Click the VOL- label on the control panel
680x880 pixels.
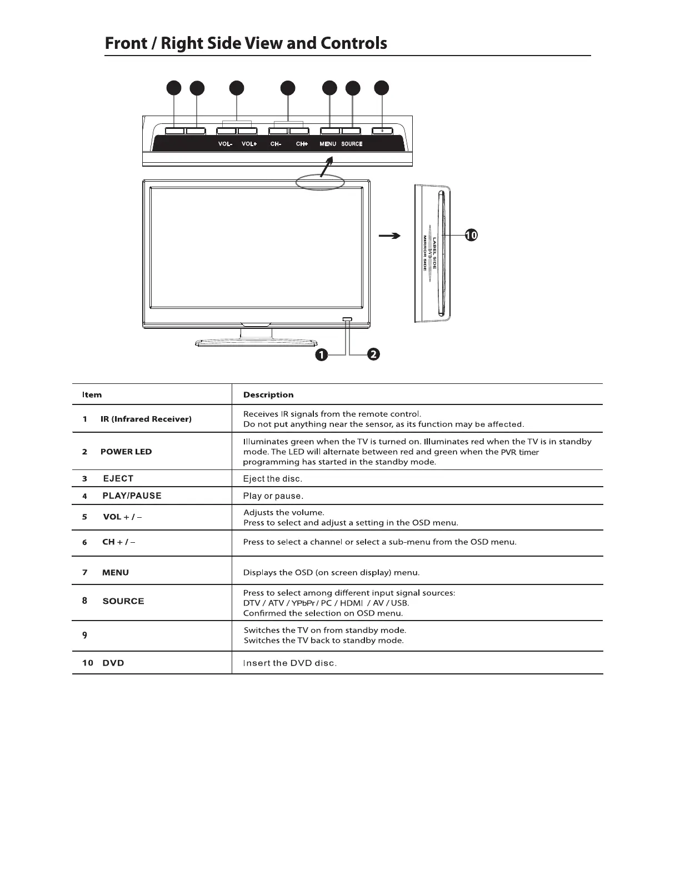(225, 144)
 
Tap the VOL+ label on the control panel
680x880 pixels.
(249, 144)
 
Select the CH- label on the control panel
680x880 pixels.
(276, 144)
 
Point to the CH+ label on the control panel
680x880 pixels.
(302, 144)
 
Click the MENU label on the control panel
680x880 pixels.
(328, 144)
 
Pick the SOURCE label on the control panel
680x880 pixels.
(352, 144)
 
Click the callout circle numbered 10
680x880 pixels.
(471, 236)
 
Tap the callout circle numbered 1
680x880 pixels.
(321, 355)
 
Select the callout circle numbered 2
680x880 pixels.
(373, 354)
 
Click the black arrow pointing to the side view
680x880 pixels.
(389, 236)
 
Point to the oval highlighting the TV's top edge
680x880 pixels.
(320, 182)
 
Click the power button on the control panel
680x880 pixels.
(382, 131)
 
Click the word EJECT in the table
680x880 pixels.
(118, 478)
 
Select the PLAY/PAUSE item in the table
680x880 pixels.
(132, 496)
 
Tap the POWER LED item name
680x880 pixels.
(126, 452)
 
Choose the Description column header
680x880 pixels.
(268, 395)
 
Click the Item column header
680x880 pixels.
(92, 395)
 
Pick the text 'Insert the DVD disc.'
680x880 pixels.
(290, 663)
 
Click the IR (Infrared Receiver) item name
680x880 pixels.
(146, 419)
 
